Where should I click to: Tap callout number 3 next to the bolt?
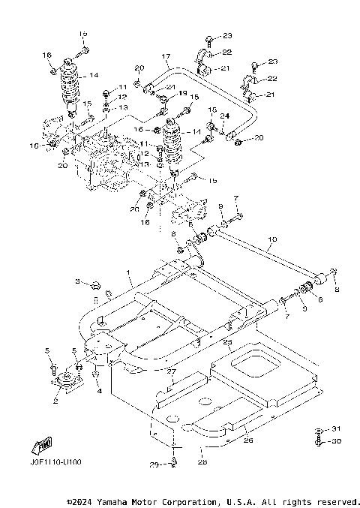click(x=76, y=281)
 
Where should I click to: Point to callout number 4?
click(x=98, y=390)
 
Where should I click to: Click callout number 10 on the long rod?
click(x=271, y=239)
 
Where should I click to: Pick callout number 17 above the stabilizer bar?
click(x=166, y=56)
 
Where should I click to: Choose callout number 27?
click(x=171, y=371)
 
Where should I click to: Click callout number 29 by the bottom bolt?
click(x=153, y=466)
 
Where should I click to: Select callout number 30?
click(x=335, y=440)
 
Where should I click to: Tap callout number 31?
click(x=336, y=428)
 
